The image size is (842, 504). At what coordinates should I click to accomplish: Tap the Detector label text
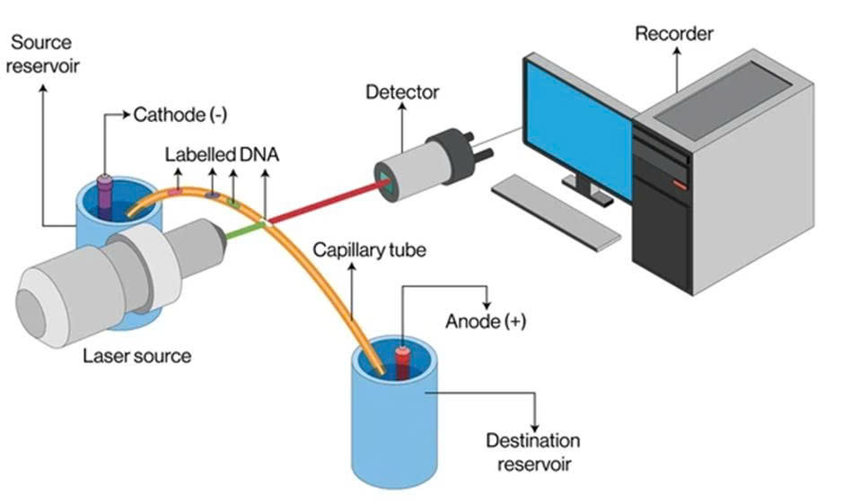click(403, 91)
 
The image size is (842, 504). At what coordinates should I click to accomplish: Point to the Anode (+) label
click(486, 321)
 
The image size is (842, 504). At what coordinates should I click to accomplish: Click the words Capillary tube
click(368, 250)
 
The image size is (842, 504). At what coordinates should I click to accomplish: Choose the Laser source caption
click(136, 355)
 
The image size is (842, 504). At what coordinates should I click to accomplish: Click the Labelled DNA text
click(221, 154)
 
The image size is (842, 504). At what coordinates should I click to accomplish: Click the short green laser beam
click(241, 233)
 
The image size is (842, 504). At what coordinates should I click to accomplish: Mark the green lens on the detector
click(389, 183)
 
